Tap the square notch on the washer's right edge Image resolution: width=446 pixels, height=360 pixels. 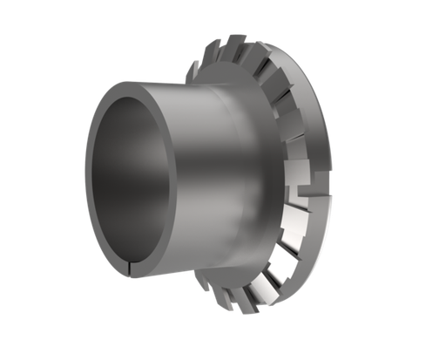[301, 187]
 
